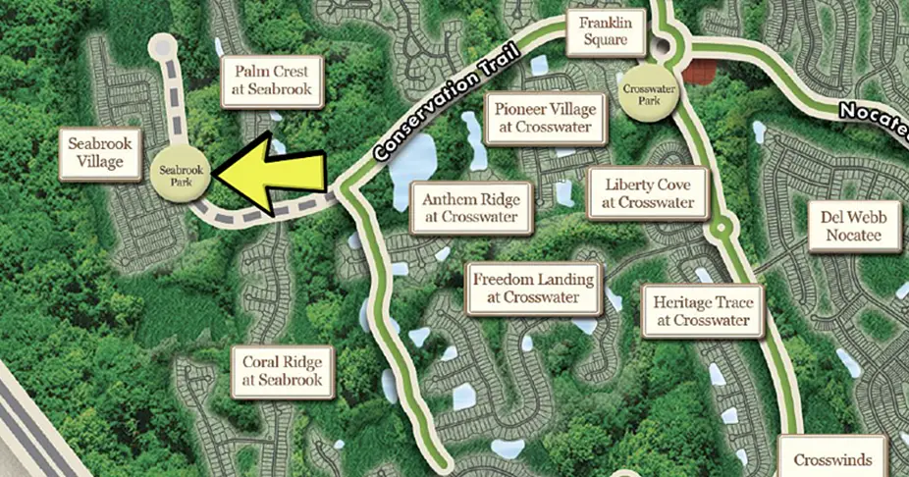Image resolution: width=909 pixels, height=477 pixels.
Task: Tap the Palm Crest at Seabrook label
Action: pyautogui.click(x=272, y=81)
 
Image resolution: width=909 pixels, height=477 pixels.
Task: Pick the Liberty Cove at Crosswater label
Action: pyautogui.click(x=647, y=193)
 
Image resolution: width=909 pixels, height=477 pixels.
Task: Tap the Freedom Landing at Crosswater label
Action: pyautogui.click(x=533, y=288)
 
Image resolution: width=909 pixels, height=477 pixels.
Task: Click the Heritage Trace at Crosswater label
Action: pyautogui.click(x=702, y=310)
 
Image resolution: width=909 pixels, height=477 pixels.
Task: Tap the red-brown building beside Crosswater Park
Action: pyautogui.click(x=701, y=72)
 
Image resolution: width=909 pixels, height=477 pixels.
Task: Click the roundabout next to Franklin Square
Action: pyautogui.click(x=670, y=43)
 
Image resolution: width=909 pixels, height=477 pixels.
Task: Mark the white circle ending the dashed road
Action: pyautogui.click(x=164, y=47)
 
